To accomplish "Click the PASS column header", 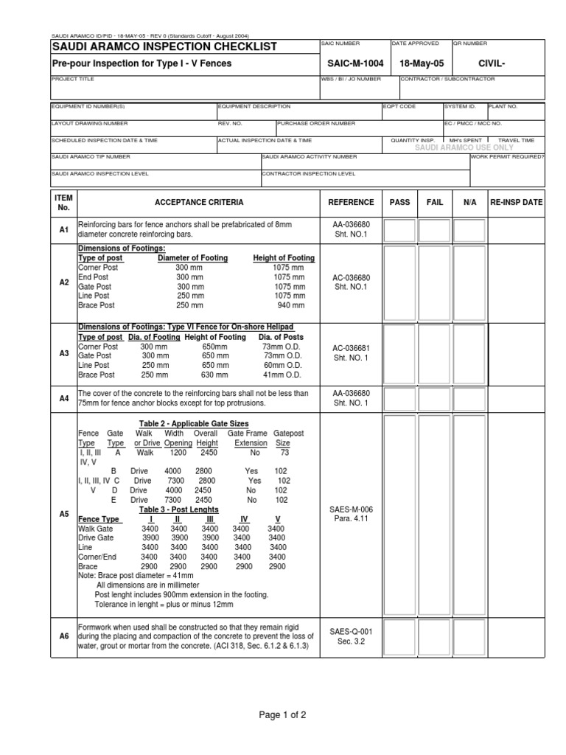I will [x=399, y=202].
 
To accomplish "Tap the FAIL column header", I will [x=436, y=202].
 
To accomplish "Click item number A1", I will [x=63, y=231].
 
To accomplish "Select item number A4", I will [x=63, y=399].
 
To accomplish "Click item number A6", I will [x=63, y=635].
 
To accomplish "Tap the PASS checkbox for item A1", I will [x=399, y=231].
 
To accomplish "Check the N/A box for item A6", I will [x=470, y=635].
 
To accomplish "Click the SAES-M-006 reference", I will [x=351, y=509].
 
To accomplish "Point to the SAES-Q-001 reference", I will [x=351, y=631].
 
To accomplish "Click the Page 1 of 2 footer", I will [x=283, y=715].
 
